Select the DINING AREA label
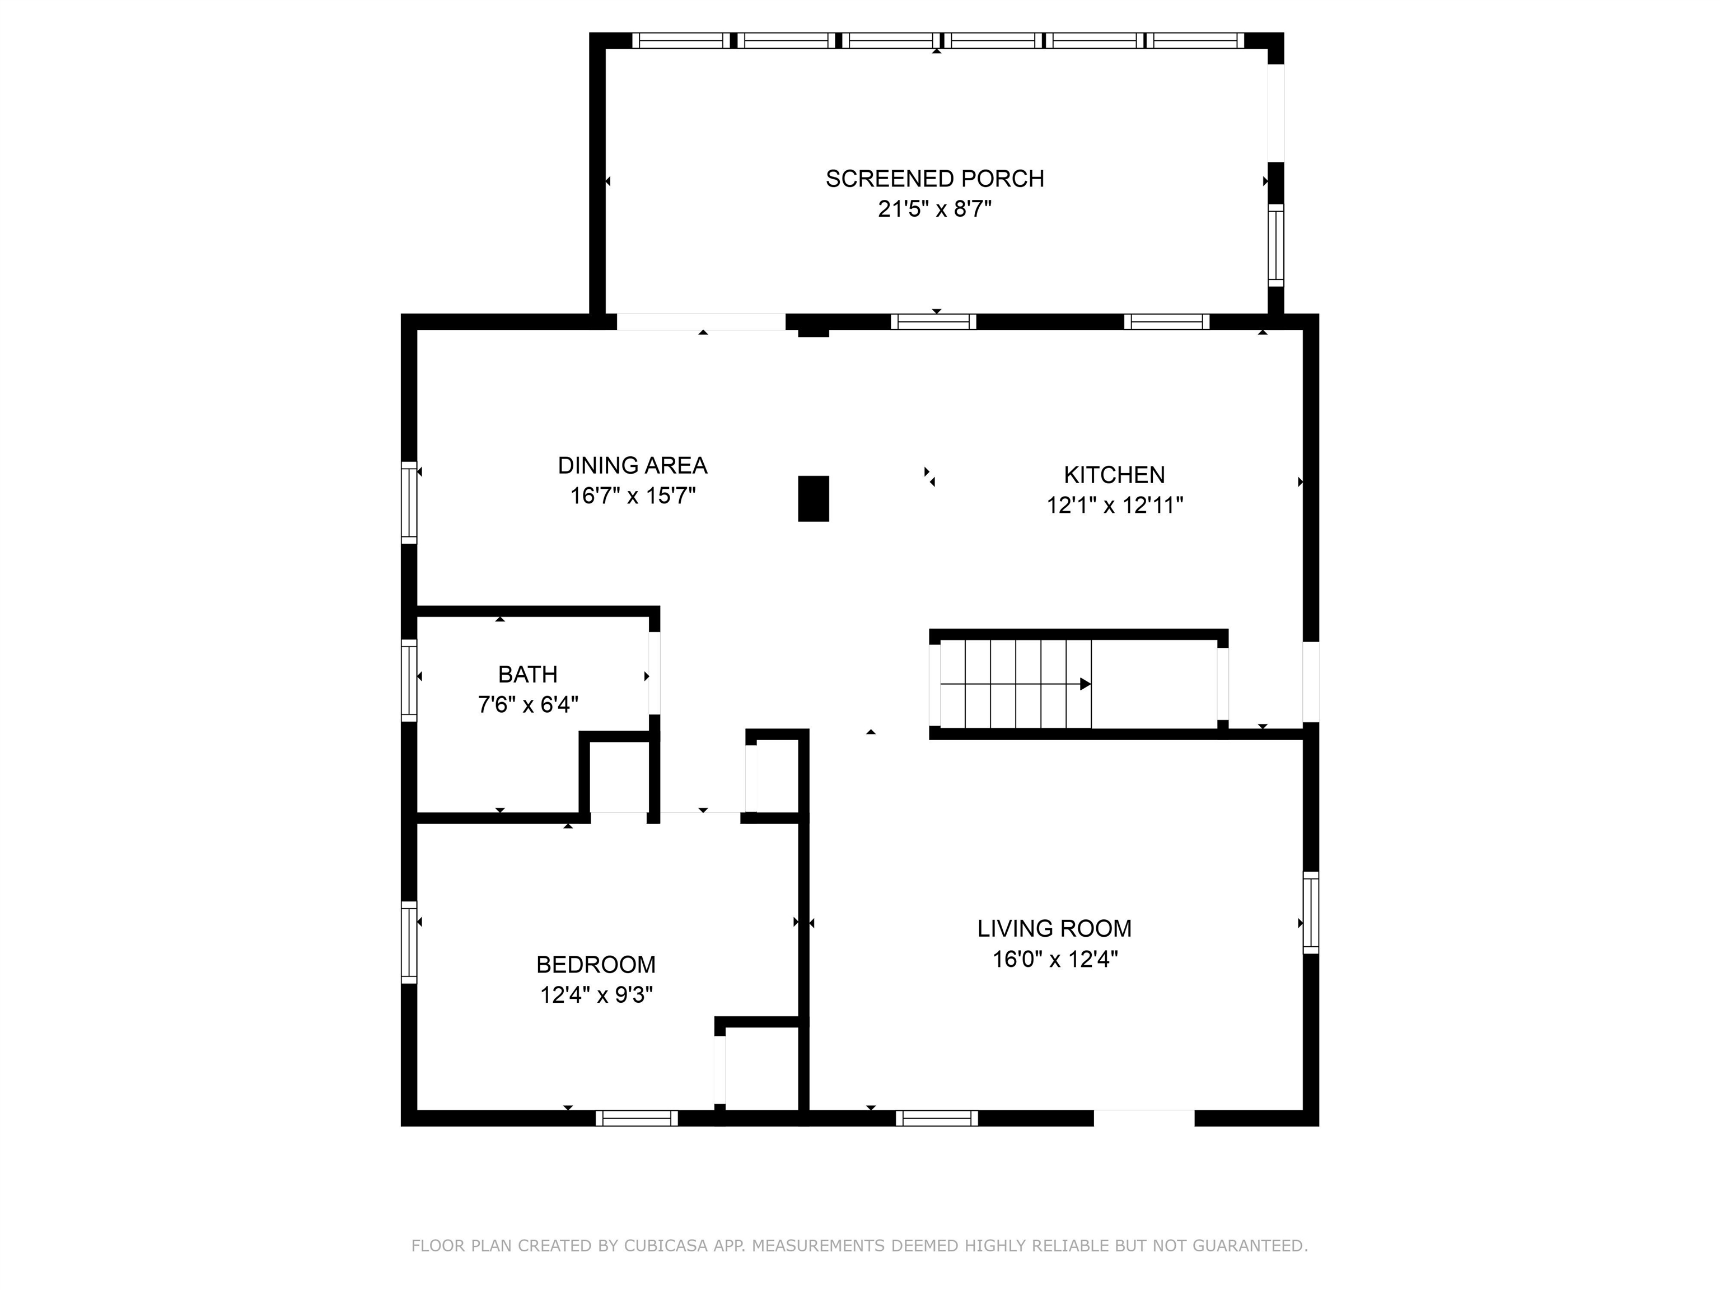click(632, 466)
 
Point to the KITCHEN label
click(1114, 475)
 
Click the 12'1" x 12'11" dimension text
click(1114, 506)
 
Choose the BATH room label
click(528, 674)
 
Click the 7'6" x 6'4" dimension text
click(528, 704)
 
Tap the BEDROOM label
click(596, 965)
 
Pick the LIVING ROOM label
click(1054, 928)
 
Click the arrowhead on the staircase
click(1086, 684)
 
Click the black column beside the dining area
click(814, 498)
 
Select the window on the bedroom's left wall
click(409, 942)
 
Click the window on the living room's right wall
click(1311, 913)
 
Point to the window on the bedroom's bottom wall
click(637, 1118)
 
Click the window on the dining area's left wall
click(409, 502)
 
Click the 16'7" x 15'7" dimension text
click(632, 496)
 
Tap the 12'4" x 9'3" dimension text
click(596, 995)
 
